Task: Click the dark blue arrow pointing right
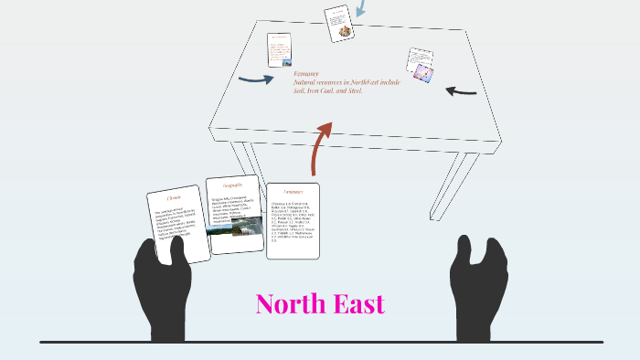[x=255, y=79]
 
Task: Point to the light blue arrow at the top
[x=360, y=8]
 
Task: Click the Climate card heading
[x=174, y=197]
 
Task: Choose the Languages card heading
[x=293, y=192]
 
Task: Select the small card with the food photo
[x=339, y=23]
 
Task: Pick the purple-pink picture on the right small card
[x=422, y=70]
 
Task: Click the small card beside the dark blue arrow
[x=279, y=49]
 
